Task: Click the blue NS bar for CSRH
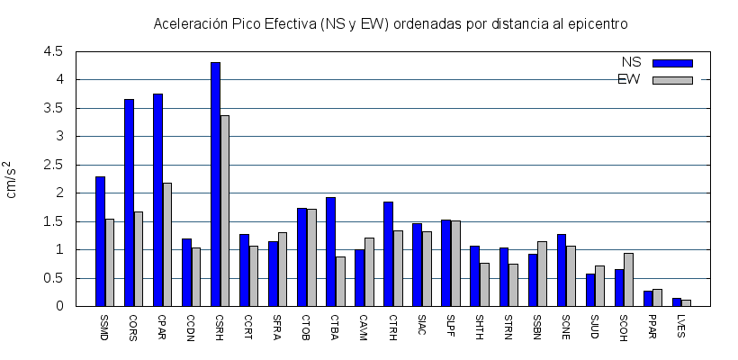[x=215, y=184]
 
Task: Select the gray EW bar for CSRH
[x=225, y=211]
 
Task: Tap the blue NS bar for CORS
[x=129, y=202]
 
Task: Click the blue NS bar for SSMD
[x=100, y=241]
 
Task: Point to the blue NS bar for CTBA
[x=330, y=252]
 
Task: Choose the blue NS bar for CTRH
[x=388, y=254]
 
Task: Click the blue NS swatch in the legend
[x=672, y=63]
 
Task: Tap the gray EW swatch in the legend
[x=672, y=80]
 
